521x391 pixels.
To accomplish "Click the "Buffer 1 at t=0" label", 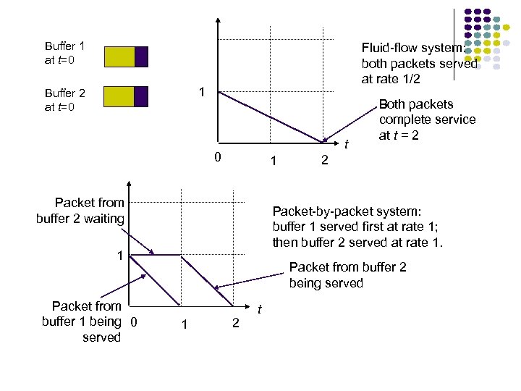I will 64,53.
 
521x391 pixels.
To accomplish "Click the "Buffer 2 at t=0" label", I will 64,100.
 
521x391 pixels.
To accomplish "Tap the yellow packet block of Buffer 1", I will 119,56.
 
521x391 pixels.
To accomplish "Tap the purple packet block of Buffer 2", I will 142,96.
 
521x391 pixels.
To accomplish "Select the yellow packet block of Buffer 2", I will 119,96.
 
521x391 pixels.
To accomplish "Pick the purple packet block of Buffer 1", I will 142,56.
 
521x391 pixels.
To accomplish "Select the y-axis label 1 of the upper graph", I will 203,92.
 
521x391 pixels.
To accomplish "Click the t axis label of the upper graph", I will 347,145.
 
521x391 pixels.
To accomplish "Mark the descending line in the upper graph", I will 271,117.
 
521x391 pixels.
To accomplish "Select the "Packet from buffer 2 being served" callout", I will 347,274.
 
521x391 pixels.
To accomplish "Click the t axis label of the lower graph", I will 259,309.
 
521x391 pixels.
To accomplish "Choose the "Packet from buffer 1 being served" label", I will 81,321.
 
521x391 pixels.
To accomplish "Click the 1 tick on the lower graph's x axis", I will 185,324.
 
